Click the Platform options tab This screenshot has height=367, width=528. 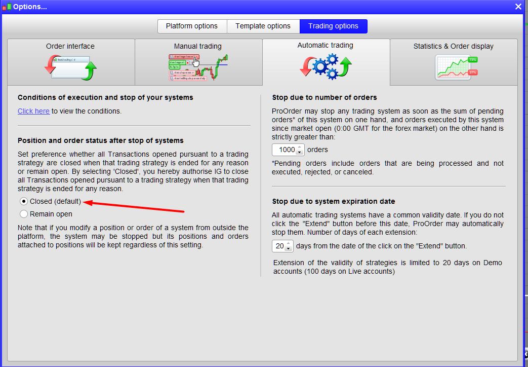point(192,26)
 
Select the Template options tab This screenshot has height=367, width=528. point(263,26)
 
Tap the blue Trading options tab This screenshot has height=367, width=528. point(334,26)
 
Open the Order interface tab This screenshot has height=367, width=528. point(70,46)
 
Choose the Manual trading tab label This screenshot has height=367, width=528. point(197,46)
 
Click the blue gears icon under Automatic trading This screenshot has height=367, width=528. point(326,66)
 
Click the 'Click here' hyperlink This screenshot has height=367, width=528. point(34,111)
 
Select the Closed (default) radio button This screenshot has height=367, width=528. point(24,201)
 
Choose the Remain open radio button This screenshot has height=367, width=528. point(24,214)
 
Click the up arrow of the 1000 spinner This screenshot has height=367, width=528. point(300,147)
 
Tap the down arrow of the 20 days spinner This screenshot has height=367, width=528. point(288,248)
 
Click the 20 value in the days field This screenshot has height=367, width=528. point(279,246)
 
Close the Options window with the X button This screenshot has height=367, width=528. point(518,7)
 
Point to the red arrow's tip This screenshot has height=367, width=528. point(83,202)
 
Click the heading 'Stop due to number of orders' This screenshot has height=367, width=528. point(324,97)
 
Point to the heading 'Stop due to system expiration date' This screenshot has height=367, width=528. point(334,201)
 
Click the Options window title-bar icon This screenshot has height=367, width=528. point(7,7)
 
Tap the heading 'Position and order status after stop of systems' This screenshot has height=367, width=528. point(101,140)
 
